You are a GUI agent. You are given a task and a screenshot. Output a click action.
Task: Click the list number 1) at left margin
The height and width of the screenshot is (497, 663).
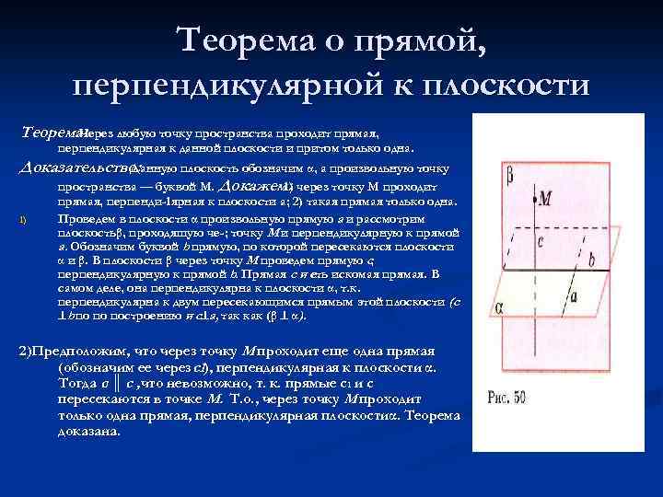tap(24, 220)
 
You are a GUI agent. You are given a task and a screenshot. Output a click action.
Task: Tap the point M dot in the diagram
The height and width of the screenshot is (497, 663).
tap(534, 198)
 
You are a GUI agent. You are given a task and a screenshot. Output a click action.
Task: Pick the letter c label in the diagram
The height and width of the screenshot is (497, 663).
tap(542, 241)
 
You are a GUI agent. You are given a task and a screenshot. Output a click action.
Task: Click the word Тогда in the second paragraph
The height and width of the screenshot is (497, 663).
tap(77, 384)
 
